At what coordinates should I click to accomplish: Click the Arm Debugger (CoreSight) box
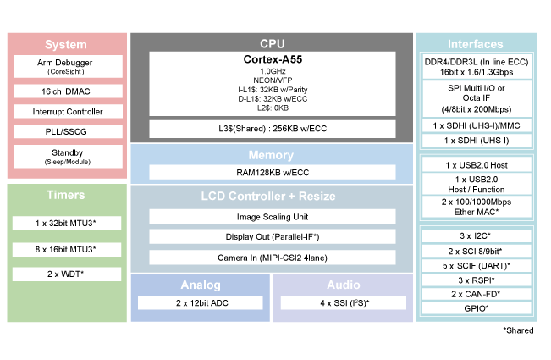[x=65, y=67]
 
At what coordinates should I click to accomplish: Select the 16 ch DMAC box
[x=65, y=91]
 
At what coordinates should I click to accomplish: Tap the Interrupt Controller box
[x=65, y=111]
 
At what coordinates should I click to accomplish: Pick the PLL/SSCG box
[x=65, y=131]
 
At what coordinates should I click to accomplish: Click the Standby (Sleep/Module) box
[x=65, y=157]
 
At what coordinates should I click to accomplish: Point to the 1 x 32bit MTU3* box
[x=65, y=224]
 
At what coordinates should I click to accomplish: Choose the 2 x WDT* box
[x=65, y=274]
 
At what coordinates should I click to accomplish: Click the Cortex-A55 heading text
[x=272, y=60]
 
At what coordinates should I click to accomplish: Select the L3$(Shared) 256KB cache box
[x=272, y=129]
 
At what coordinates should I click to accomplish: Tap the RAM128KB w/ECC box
[x=272, y=172]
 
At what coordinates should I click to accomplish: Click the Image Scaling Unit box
[x=272, y=216]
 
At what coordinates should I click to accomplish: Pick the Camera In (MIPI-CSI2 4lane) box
[x=272, y=257]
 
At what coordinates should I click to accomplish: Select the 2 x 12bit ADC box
[x=200, y=302]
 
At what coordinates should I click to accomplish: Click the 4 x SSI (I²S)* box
[x=343, y=302]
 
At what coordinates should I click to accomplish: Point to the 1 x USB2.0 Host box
[x=477, y=164]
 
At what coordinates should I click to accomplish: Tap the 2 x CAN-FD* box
[x=477, y=294]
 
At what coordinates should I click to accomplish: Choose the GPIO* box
[x=477, y=308]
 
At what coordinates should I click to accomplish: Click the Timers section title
[x=65, y=196]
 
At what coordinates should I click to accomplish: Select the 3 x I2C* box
[x=477, y=236]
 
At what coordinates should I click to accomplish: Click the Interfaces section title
[x=476, y=44]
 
